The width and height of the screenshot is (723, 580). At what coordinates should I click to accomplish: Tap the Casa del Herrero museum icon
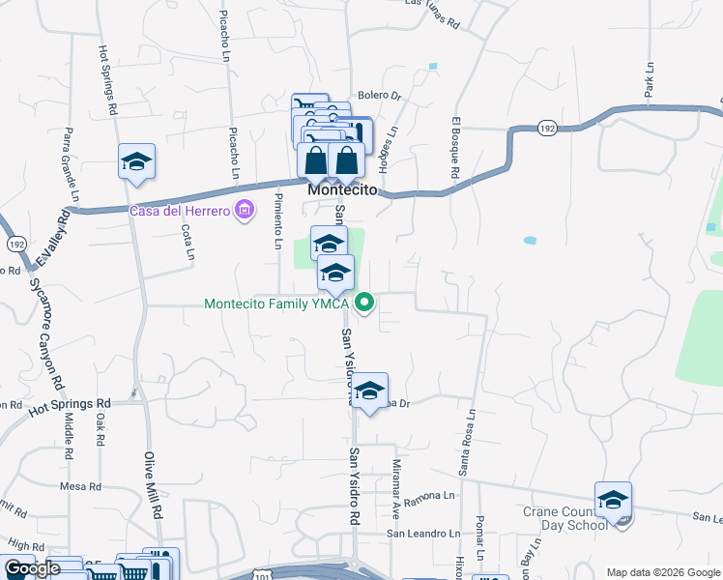pyautogui.click(x=244, y=210)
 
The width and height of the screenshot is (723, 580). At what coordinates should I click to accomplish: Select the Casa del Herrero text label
pyautogui.click(x=181, y=210)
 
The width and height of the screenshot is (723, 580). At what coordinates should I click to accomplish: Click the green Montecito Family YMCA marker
pyautogui.click(x=364, y=304)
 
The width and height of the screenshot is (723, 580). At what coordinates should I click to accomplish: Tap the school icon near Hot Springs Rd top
pyautogui.click(x=137, y=162)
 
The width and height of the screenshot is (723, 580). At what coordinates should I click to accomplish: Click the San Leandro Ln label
pyautogui.click(x=423, y=533)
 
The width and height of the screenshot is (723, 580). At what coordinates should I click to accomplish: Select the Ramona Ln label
pyautogui.click(x=435, y=495)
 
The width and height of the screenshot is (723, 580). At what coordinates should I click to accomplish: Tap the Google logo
pyautogui.click(x=32, y=568)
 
